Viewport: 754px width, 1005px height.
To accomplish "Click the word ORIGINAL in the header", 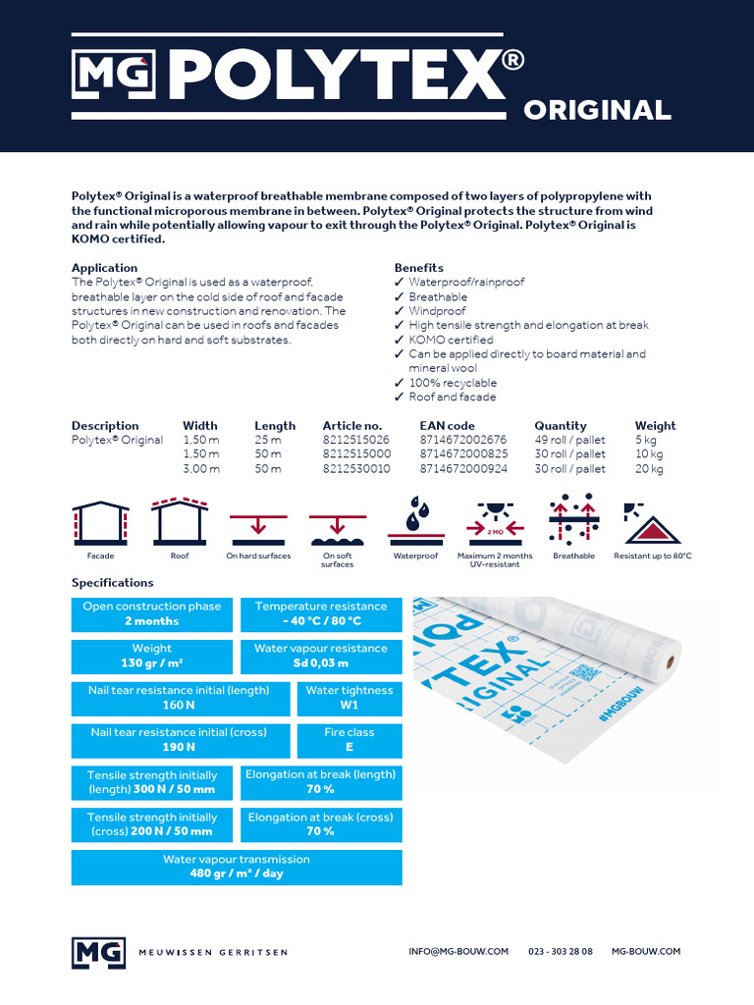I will coord(597,110).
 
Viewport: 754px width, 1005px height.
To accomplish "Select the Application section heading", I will coord(104,268).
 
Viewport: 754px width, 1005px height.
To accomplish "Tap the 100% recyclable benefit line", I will coord(453,383).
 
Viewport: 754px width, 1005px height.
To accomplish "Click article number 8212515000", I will coord(356,454).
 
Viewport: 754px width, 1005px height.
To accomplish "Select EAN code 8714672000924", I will coord(462,469).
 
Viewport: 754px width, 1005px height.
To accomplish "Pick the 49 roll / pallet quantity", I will coord(569,440).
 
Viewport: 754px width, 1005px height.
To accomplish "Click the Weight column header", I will coord(655,426).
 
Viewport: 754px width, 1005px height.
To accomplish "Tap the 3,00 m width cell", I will coord(201,469).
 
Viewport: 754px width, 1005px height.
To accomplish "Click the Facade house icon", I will coord(100,523).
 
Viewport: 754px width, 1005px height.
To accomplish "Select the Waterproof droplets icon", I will coord(415,523).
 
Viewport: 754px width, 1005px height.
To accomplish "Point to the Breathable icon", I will coord(573,523).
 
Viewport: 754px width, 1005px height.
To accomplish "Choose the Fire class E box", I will coord(350,740).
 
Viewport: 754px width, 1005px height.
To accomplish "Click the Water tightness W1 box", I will coord(350,698).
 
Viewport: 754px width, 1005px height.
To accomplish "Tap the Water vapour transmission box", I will coord(237,867).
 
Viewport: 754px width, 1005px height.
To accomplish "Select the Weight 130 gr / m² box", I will coord(152,656).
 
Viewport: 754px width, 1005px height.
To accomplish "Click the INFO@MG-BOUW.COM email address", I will coord(458,951).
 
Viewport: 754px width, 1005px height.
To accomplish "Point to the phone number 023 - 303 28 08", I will coord(561,951).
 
